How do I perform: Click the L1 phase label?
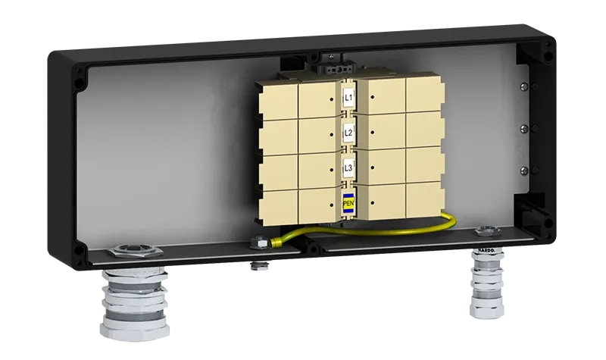(348, 97)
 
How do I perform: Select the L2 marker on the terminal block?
(348, 133)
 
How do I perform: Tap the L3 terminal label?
(348, 167)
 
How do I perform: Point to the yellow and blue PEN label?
(348, 202)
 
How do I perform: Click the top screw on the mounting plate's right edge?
(525, 86)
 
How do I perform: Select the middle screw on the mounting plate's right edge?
(525, 127)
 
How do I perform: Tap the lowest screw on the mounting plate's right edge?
(525, 168)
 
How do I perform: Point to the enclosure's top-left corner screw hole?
(79, 74)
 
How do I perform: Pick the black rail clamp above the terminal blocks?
(329, 58)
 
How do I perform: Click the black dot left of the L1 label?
(331, 99)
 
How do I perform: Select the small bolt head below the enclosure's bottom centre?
(259, 266)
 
